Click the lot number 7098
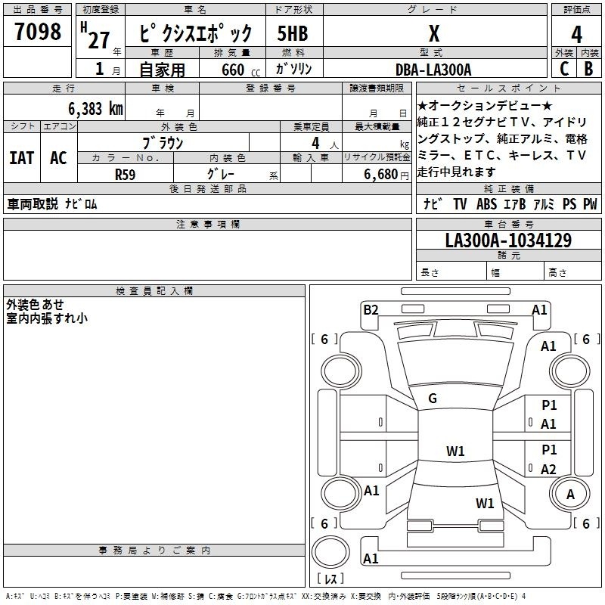point(38,32)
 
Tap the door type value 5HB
point(293,34)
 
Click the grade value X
point(433,33)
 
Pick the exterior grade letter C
point(564,69)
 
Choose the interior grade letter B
point(588,69)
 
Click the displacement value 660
point(233,70)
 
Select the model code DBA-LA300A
point(433,70)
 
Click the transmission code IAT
point(21,158)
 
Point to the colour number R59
point(125,173)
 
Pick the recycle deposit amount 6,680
point(383,173)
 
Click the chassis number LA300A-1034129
point(508,241)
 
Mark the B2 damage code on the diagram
point(371,309)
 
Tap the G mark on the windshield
point(433,399)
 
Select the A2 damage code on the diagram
point(548,469)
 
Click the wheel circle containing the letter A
point(570,494)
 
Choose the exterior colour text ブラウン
point(163,142)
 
